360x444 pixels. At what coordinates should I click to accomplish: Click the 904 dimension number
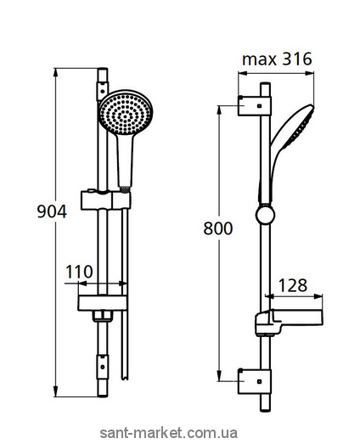pyautogui.click(x=52, y=211)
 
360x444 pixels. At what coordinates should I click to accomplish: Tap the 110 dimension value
pyautogui.click(x=79, y=272)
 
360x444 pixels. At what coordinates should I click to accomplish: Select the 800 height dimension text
pyautogui.click(x=218, y=228)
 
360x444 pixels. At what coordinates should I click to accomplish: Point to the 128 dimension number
pyautogui.click(x=293, y=285)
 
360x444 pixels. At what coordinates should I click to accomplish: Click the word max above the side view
pyautogui.click(x=259, y=60)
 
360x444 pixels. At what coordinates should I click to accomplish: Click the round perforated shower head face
pyautogui.click(x=126, y=113)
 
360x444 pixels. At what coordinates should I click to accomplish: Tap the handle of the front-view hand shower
pyautogui.click(x=125, y=160)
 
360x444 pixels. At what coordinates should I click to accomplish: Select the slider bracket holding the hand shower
pyautogui.click(x=106, y=200)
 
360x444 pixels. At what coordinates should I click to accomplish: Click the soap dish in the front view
pyautogui.click(x=102, y=303)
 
